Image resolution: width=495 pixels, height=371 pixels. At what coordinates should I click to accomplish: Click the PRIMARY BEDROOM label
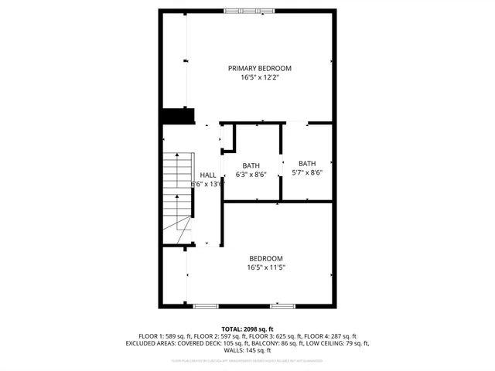point(259,68)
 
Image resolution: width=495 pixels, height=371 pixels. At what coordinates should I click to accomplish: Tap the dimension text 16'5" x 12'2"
point(259,78)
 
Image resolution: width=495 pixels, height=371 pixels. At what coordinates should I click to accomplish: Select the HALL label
point(208,175)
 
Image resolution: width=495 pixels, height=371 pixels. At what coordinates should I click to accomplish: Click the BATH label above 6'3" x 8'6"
point(251,165)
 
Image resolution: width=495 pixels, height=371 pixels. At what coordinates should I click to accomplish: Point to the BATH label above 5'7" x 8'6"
point(307,163)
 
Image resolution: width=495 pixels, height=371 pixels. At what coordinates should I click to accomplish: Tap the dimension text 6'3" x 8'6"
point(251,175)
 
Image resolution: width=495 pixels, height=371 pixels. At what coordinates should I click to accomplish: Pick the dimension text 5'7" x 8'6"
point(307,173)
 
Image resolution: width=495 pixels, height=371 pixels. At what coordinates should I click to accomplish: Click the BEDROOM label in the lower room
point(265,258)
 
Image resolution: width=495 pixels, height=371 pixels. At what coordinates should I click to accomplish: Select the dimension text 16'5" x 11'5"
point(265,268)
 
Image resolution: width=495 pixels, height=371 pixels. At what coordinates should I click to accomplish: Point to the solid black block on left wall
point(176,116)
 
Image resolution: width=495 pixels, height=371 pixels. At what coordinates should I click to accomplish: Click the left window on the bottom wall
point(206,306)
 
